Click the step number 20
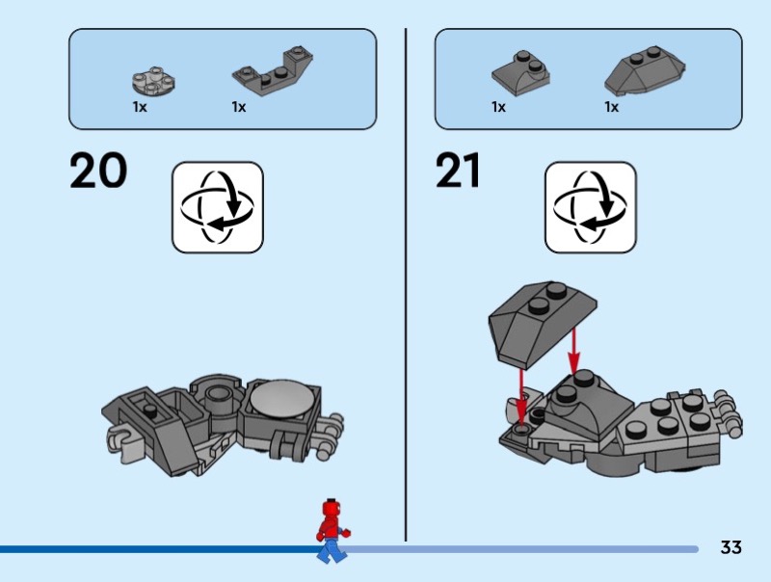[x=98, y=171]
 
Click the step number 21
[x=458, y=171]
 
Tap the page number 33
[x=731, y=547]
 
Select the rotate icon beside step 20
[x=218, y=207]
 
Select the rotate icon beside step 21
[x=590, y=207]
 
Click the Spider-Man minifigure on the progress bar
[x=332, y=531]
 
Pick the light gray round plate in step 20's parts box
[x=154, y=81]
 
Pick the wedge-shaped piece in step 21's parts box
[x=645, y=70]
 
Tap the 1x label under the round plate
[x=140, y=107]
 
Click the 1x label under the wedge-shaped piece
[x=611, y=107]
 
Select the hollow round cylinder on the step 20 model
[x=219, y=396]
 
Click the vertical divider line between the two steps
[x=406, y=284]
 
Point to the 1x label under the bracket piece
[x=238, y=107]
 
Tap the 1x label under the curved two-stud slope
[x=498, y=107]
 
